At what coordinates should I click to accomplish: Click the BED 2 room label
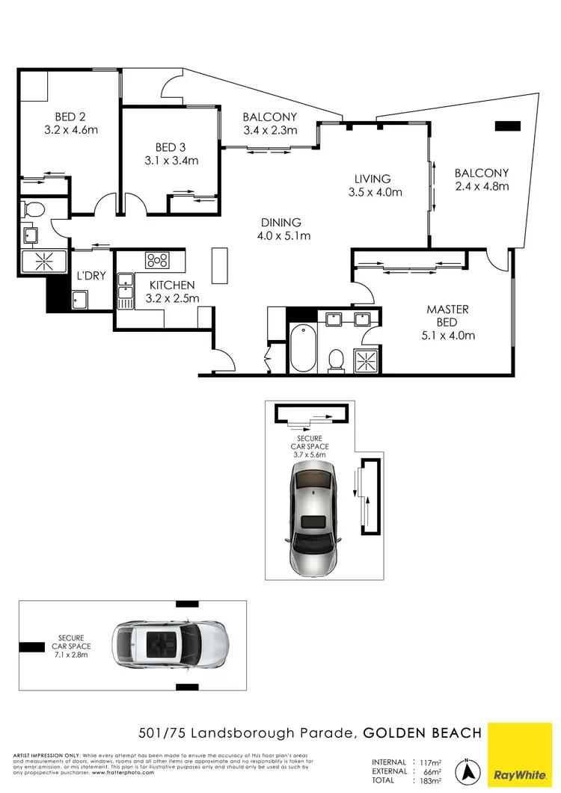click(71, 123)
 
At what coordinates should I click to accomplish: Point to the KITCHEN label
click(172, 291)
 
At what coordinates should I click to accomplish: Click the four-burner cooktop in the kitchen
click(158, 261)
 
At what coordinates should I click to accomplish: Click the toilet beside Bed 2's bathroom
click(31, 209)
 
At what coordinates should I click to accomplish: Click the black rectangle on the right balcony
click(506, 126)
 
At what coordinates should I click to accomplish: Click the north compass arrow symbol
click(468, 770)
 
